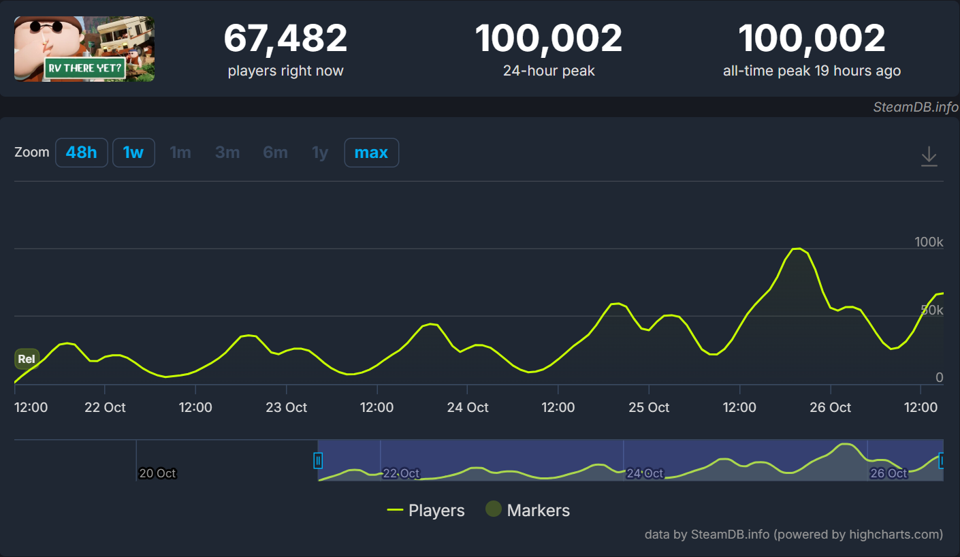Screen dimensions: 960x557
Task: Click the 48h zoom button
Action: pos(82,153)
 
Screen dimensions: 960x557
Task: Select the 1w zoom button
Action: pos(133,153)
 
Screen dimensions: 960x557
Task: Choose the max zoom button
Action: pos(372,153)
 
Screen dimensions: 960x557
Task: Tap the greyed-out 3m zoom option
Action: pos(227,153)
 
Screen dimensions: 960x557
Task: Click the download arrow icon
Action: pos(929,157)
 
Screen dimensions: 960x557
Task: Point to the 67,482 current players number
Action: pos(285,39)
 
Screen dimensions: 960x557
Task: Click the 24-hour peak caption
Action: pos(549,71)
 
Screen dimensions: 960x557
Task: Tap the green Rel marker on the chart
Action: pos(27,359)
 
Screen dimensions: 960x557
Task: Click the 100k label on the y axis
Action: pos(929,242)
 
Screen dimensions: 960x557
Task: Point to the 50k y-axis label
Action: pos(931,310)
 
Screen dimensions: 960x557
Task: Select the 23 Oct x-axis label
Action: pos(286,407)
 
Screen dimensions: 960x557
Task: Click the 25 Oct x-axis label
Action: pos(649,407)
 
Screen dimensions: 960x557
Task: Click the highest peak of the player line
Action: pos(797,249)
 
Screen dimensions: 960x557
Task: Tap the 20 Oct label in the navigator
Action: pos(157,473)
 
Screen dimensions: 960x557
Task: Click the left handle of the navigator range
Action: pos(318,461)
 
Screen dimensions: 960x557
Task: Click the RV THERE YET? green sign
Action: pos(84,69)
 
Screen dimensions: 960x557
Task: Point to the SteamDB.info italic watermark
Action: pos(916,107)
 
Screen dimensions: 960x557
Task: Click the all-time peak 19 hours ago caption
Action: pos(812,71)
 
